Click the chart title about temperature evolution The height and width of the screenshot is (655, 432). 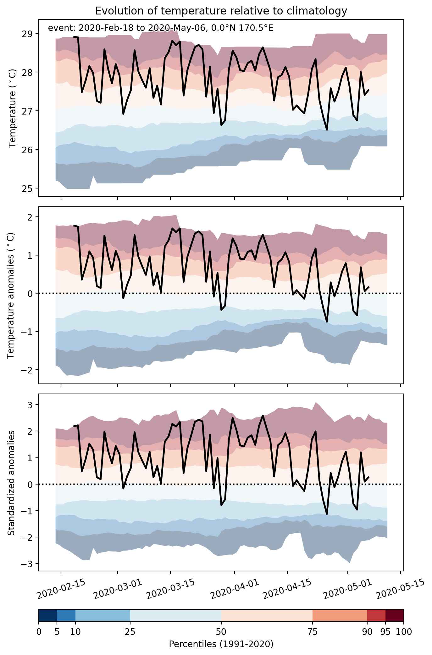221,11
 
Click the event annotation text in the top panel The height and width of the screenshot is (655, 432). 160,28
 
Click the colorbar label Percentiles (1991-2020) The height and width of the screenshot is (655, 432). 221,642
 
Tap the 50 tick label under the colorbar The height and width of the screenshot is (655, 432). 221,631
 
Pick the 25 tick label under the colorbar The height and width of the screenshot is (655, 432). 130,631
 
